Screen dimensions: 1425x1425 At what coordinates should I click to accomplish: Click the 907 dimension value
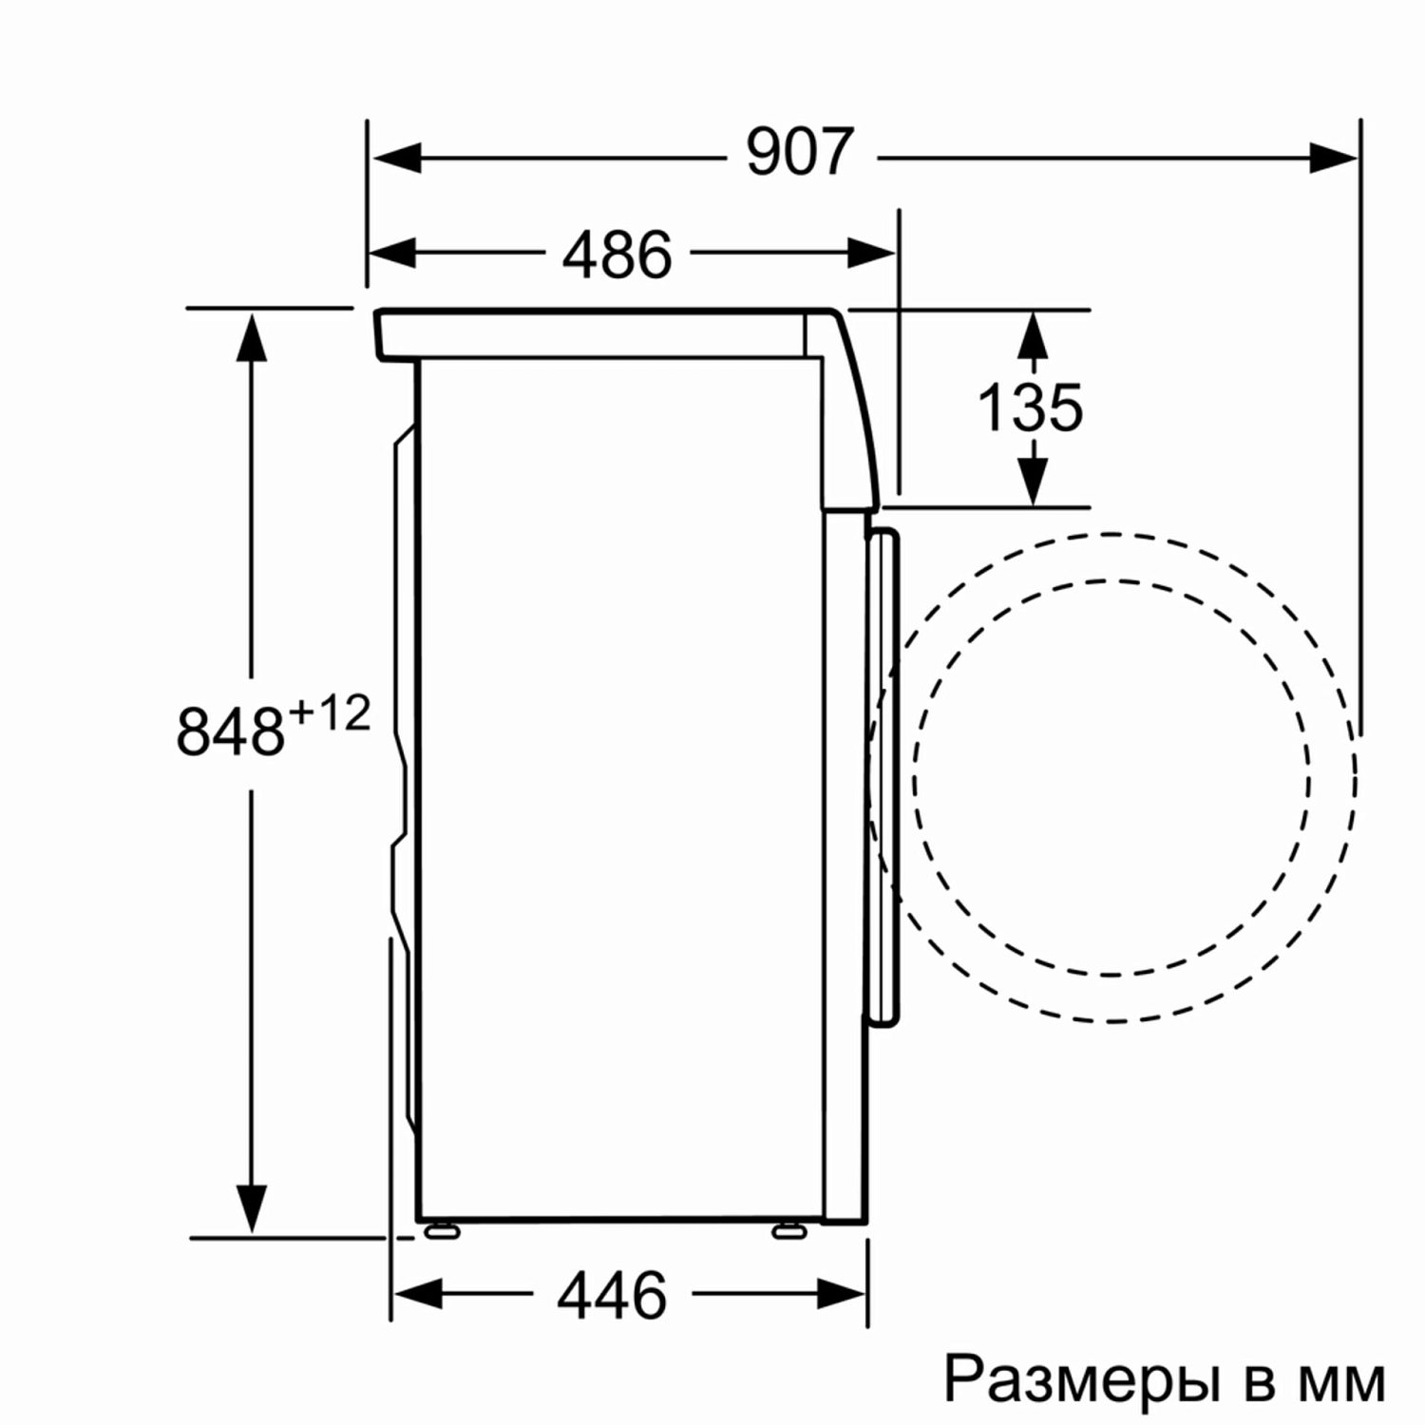click(800, 153)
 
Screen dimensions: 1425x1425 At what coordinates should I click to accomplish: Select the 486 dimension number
click(617, 255)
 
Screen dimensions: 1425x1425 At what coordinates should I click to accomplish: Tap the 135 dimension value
click(1030, 408)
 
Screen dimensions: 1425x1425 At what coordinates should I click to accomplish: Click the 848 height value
click(231, 731)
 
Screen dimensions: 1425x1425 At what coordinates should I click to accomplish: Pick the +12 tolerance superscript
click(328, 713)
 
